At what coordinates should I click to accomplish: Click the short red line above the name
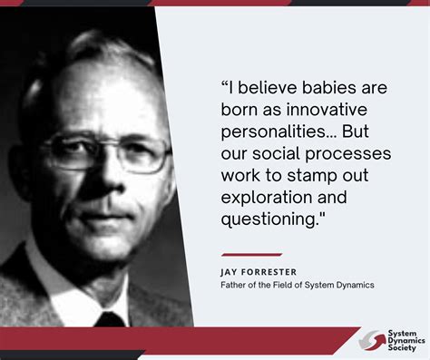coord(251,255)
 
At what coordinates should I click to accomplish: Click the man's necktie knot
coord(109,319)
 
